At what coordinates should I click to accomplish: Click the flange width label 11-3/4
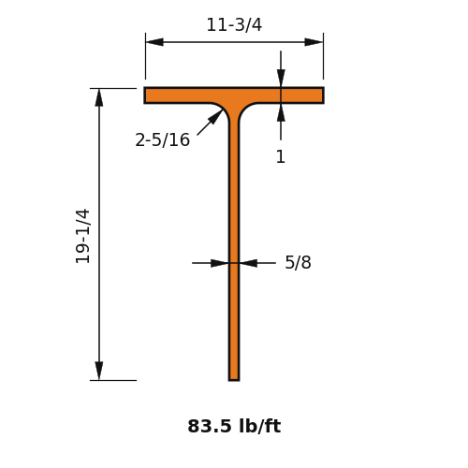coord(234,25)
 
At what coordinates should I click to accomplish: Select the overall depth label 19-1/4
coord(83,236)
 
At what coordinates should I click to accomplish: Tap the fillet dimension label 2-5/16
coord(162,139)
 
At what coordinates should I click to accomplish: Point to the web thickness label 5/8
coord(298,262)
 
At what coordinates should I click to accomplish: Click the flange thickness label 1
coord(281,156)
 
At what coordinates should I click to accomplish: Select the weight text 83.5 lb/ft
coord(234,426)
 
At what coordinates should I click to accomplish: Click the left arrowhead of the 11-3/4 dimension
coord(154,42)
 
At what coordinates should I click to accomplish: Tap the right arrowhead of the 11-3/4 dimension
coord(314,42)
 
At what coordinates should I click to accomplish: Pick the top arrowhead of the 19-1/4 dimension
coord(99,97)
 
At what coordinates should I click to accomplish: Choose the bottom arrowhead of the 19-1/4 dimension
coord(99,371)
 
